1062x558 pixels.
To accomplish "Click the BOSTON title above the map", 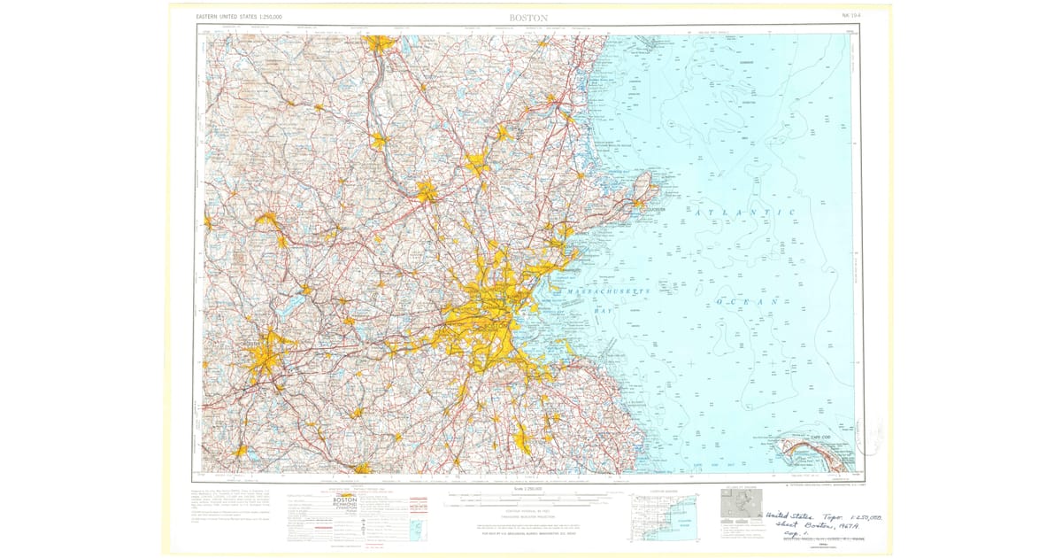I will [x=528, y=17].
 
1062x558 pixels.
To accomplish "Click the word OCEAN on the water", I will [x=748, y=302].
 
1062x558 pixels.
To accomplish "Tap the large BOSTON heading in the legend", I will [x=344, y=500].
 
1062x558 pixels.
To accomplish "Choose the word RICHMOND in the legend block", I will [x=344, y=508].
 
